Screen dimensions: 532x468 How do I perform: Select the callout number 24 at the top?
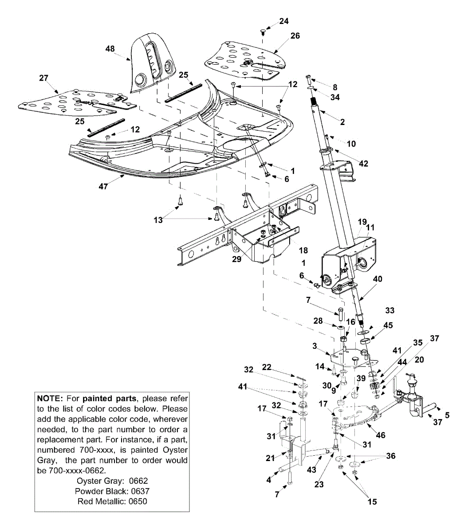point(283,21)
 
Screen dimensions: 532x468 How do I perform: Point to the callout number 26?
point(295,35)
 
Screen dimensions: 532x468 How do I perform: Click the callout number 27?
point(43,78)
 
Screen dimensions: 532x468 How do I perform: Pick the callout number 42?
point(363,163)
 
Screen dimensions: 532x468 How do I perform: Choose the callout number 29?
point(237,259)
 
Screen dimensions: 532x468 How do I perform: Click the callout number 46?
point(381,435)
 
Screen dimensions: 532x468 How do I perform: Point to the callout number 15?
point(372,501)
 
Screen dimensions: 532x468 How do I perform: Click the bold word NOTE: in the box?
point(51,399)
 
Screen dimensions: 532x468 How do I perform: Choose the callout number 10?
point(351,144)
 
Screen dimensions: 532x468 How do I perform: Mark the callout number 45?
point(388,325)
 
